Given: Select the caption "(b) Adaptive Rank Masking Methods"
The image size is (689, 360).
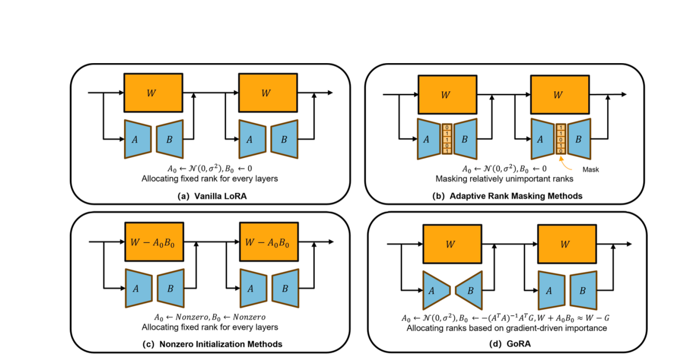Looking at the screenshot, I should click(x=507, y=196).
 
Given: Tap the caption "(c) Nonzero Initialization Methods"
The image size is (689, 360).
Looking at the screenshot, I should click(x=212, y=344).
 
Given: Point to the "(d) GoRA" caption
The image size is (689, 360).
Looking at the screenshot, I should click(x=507, y=345).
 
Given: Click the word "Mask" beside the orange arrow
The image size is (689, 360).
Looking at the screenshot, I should click(x=591, y=169).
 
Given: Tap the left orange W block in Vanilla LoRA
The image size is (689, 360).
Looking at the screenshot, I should click(x=153, y=93).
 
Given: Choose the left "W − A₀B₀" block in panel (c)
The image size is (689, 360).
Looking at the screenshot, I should click(x=154, y=243).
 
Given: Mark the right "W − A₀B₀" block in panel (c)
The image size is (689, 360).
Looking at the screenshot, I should click(x=268, y=243).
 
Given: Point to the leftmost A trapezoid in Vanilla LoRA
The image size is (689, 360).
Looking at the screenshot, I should click(x=138, y=139).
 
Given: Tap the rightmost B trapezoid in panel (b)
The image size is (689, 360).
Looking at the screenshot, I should click(x=579, y=139).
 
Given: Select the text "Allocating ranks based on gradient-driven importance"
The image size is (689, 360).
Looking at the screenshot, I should click(x=507, y=327).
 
